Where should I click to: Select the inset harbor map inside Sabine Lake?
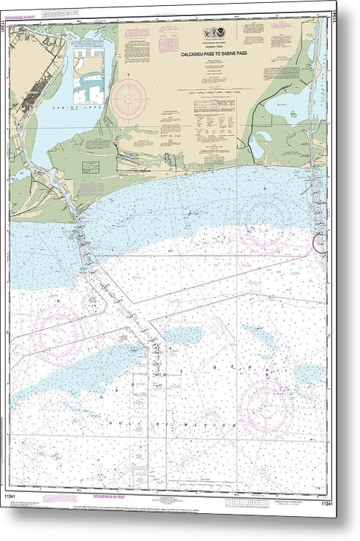tap(87, 77)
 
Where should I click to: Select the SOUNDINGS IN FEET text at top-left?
tap(29, 15)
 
